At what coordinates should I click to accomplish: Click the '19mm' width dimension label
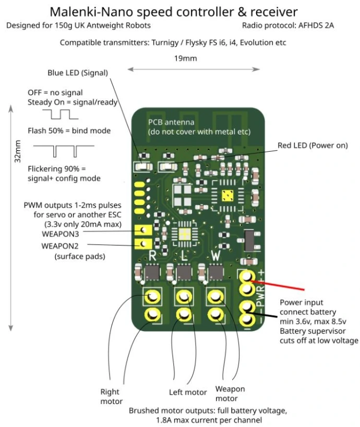185,58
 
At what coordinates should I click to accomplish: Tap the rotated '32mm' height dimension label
18,151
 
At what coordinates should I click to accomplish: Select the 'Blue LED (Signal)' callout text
78,72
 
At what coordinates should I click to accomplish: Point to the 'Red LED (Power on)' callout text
313,145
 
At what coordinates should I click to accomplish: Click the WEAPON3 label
60,234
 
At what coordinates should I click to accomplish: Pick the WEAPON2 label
60,246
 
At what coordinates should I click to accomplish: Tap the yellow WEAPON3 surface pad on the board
143,230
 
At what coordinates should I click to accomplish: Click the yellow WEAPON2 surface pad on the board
143,243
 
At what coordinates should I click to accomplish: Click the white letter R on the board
152,255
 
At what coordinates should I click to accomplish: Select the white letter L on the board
185,255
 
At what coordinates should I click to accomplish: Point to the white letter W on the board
216,255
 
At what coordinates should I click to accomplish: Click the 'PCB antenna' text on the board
171,123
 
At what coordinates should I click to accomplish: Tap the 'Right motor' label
111,396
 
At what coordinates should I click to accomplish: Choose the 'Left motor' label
188,393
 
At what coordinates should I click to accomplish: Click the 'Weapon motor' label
230,394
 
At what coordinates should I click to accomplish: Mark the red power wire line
277,285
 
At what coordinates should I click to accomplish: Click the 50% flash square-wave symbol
60,114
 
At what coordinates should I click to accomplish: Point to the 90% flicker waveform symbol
64,151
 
